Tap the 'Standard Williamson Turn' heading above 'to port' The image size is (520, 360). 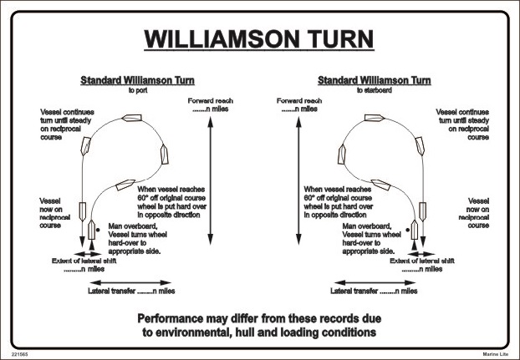coord(137,81)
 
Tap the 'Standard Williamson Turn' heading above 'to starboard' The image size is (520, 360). coord(375,81)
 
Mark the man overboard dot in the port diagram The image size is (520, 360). coord(99,226)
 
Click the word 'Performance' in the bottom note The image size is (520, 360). coord(180,318)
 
